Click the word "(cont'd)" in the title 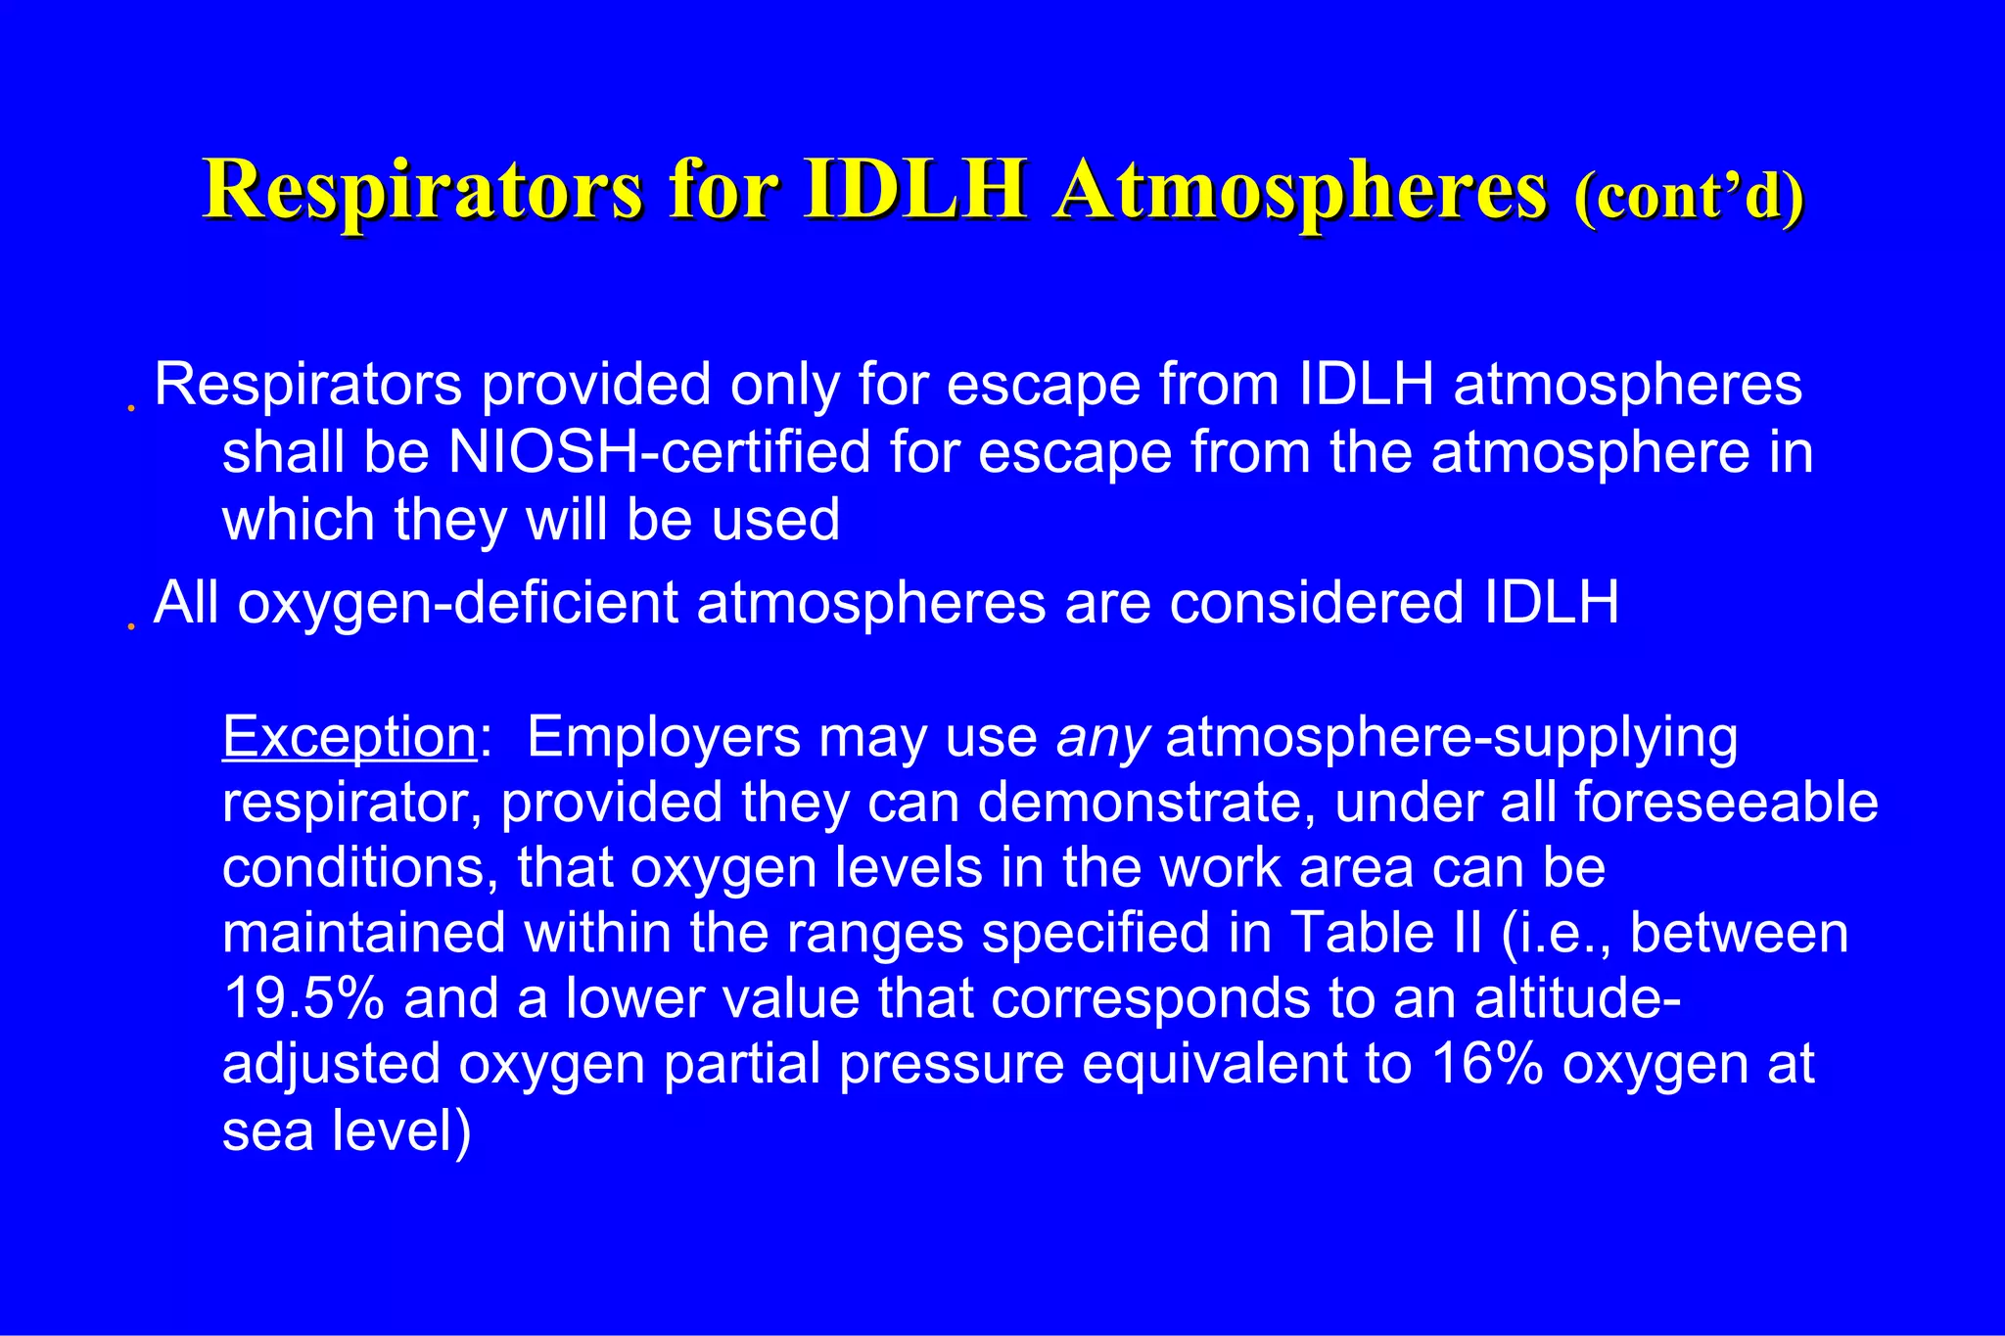[x=1689, y=196]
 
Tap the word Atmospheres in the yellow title [x=1301, y=191]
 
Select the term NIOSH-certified [x=659, y=452]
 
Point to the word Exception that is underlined [x=350, y=736]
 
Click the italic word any [x=1102, y=738]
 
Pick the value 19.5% [x=303, y=998]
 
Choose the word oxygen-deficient [x=458, y=602]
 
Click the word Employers [x=664, y=738]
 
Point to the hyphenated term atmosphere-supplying [x=1452, y=738]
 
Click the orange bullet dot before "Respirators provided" [x=130, y=408]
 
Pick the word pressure [x=951, y=1064]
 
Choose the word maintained [x=364, y=933]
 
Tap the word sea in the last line [x=267, y=1131]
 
